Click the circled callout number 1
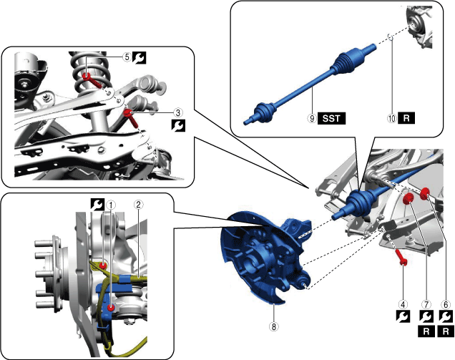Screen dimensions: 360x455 pyautogui.click(x=111, y=203)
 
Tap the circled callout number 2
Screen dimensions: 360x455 pyautogui.click(x=140, y=203)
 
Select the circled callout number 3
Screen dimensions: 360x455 pyautogui.click(x=178, y=112)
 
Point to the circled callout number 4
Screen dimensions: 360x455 pyautogui.click(x=404, y=303)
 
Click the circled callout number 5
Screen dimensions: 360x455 pyautogui.click(x=126, y=59)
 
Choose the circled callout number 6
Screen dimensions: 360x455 pyautogui.click(x=447, y=303)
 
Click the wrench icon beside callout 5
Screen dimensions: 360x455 pyautogui.click(x=139, y=59)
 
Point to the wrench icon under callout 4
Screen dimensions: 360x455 pyautogui.click(x=404, y=317)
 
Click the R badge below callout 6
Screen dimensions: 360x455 pyautogui.click(x=447, y=331)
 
